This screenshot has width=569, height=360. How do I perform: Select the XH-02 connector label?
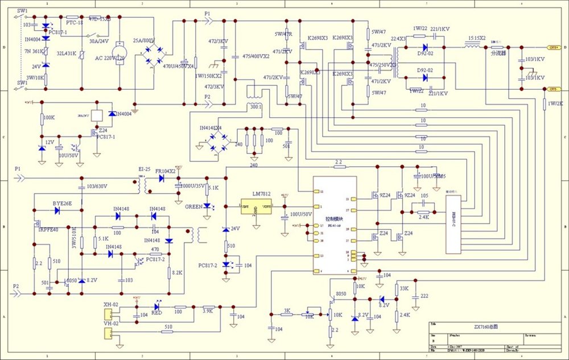pyautogui.click(x=110, y=305)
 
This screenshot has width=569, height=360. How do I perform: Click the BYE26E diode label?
pyautogui.click(x=62, y=203)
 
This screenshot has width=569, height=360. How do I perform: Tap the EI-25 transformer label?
pyautogui.click(x=145, y=169)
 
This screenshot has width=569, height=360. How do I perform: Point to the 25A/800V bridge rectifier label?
pyautogui.click(x=144, y=41)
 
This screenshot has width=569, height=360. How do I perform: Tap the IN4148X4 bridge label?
pyautogui.click(x=211, y=129)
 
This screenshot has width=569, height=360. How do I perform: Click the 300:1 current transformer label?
pyautogui.click(x=255, y=106)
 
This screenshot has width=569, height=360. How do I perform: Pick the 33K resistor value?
pyautogui.click(x=405, y=288)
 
